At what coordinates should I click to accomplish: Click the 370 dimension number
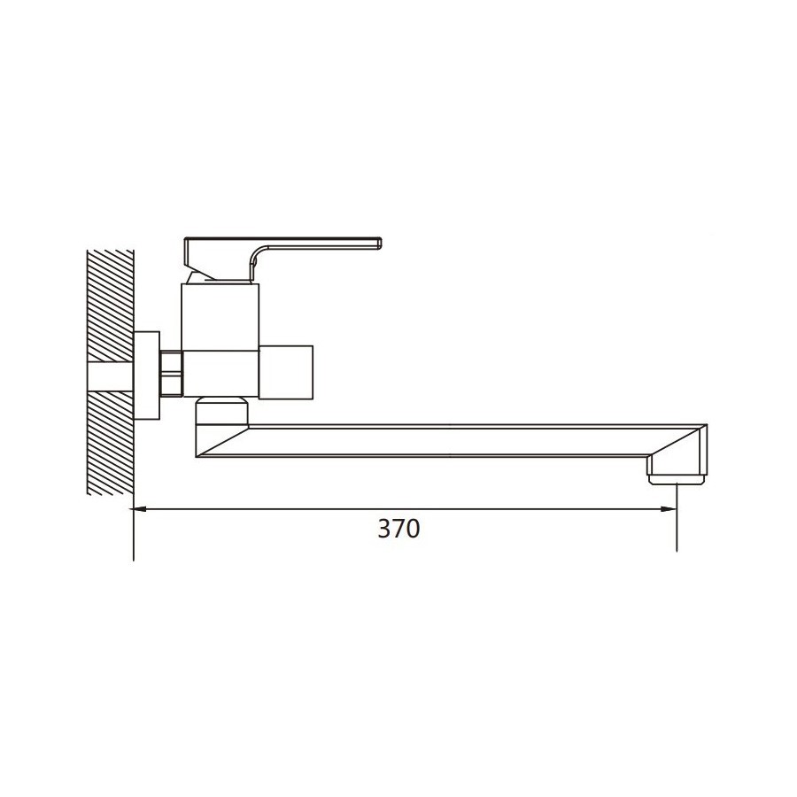[399, 529]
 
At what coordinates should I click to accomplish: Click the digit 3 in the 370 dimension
[384, 529]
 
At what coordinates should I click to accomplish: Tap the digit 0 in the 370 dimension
[414, 529]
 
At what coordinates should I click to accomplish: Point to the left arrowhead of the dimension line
[140, 508]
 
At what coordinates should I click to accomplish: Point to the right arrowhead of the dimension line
[669, 508]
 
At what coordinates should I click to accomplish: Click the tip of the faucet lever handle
[380, 243]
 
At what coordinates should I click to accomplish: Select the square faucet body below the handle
[221, 340]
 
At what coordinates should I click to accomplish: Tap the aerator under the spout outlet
[677, 479]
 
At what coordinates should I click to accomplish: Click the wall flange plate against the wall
[147, 375]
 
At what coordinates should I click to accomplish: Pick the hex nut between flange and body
[171, 373]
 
